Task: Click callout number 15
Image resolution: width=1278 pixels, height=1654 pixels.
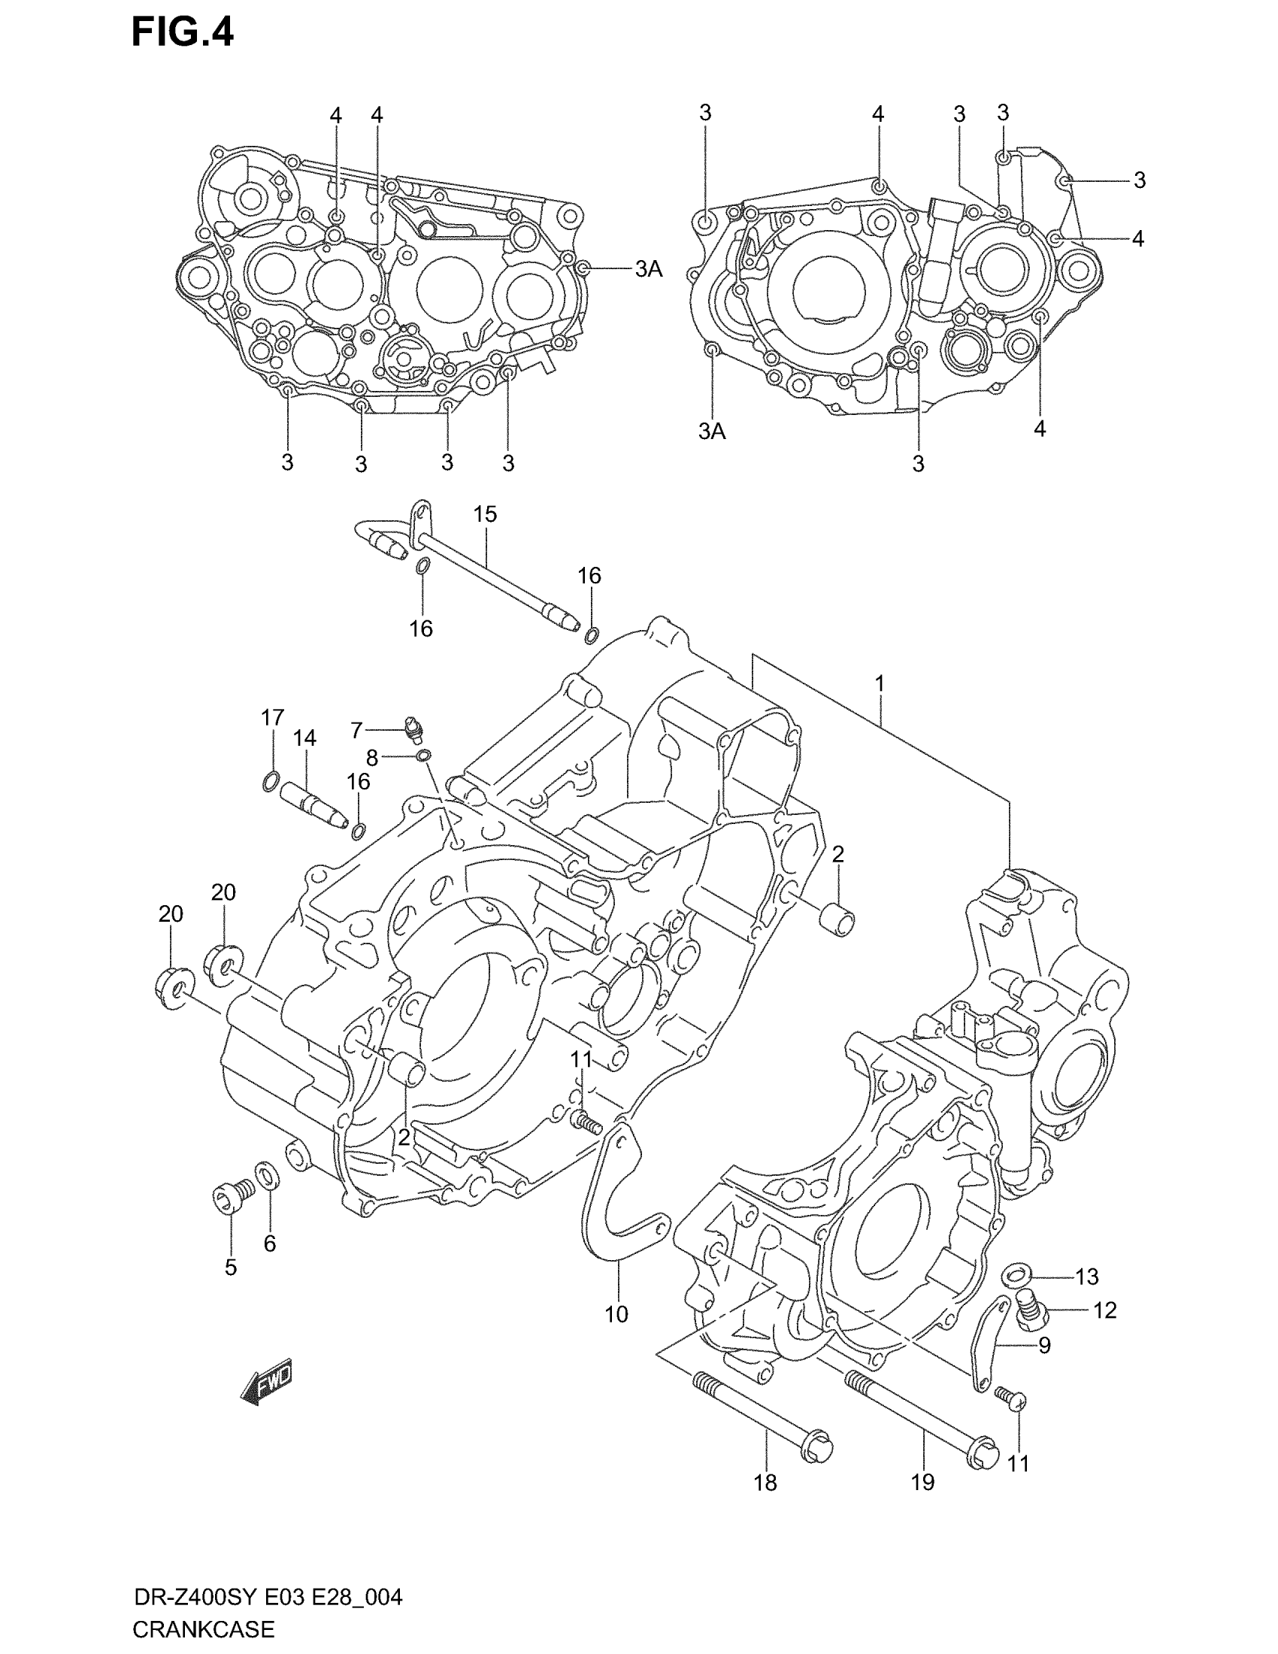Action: pyautogui.click(x=486, y=514)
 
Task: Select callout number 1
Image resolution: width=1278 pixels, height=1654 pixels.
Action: pyautogui.click(x=880, y=684)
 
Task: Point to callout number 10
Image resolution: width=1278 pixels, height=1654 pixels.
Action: pyautogui.click(x=616, y=1315)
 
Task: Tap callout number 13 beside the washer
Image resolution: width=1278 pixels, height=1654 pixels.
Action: pyautogui.click(x=1086, y=1277)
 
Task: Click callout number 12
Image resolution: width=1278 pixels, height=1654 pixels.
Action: pyautogui.click(x=1104, y=1310)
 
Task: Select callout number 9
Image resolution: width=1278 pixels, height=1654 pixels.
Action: pyautogui.click(x=1044, y=1346)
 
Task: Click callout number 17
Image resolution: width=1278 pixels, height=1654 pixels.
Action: pyautogui.click(x=273, y=716)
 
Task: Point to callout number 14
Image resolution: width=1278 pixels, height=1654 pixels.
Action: pyautogui.click(x=304, y=738)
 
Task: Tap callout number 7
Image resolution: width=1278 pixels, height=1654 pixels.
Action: pyautogui.click(x=356, y=730)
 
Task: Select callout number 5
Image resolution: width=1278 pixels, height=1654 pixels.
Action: pyautogui.click(x=231, y=1267)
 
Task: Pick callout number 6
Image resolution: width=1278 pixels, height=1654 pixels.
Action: pyautogui.click(x=270, y=1243)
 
